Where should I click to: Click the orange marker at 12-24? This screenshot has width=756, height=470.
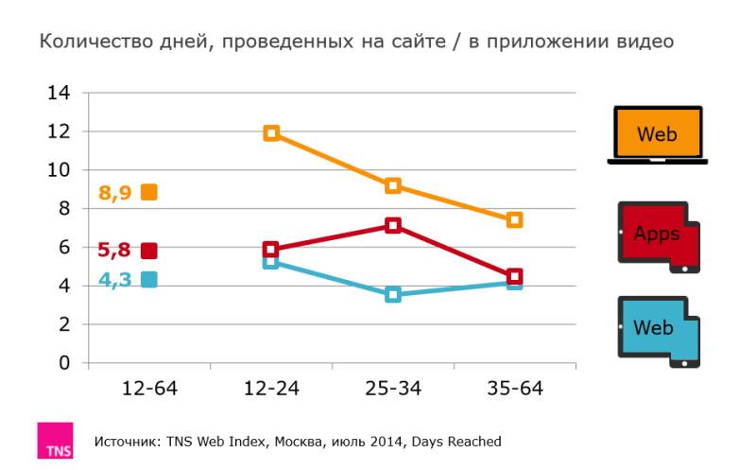click(271, 133)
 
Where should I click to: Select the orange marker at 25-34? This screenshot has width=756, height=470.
click(393, 185)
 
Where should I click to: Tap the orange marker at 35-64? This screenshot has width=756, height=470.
click(514, 219)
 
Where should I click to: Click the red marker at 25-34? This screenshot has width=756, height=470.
click(393, 225)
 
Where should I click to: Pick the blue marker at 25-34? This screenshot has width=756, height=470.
click(393, 295)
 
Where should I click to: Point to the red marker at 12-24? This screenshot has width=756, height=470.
click(271, 250)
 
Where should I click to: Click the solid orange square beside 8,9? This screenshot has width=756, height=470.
click(148, 192)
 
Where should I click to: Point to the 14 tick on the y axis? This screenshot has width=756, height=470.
click(59, 93)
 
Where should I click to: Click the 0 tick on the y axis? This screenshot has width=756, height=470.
click(64, 363)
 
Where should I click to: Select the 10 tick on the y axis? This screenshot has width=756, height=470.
click(59, 170)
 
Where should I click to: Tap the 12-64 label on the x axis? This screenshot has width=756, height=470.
click(149, 389)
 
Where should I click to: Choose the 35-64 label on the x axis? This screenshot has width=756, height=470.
click(514, 389)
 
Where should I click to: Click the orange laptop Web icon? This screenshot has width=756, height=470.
click(657, 135)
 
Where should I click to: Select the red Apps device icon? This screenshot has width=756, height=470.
click(658, 236)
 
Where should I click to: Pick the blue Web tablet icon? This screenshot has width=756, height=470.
click(658, 331)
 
